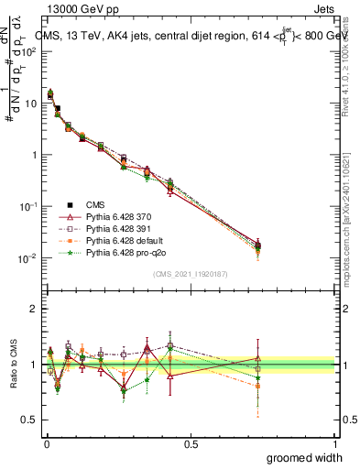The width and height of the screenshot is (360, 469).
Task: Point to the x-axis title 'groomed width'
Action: (304, 456)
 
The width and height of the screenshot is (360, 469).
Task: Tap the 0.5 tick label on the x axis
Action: (191, 443)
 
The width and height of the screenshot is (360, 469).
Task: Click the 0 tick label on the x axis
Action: (45, 443)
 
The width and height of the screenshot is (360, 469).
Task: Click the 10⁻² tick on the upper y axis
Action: (27, 258)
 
